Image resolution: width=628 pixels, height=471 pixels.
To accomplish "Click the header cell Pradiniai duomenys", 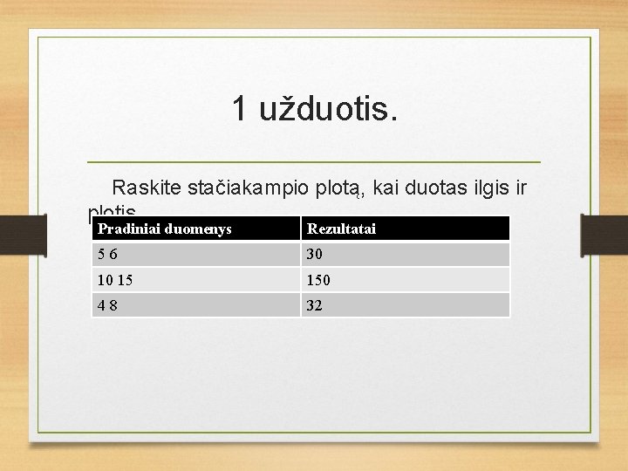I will pyautogui.click(x=196, y=229).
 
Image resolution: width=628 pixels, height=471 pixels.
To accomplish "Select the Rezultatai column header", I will pyautogui.click(x=405, y=229).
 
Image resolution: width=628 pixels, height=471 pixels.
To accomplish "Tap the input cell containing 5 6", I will pyautogui.click(x=196, y=255).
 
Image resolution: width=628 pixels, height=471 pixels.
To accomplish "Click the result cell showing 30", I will pyautogui.click(x=405, y=255).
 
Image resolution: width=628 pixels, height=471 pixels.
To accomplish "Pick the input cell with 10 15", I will pyautogui.click(x=196, y=280).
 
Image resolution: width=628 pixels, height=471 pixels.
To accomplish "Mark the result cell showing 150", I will pyautogui.click(x=405, y=280).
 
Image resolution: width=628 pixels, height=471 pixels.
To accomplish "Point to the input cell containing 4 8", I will pyautogui.click(x=196, y=305).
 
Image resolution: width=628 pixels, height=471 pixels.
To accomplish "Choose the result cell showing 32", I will pyautogui.click(x=405, y=305).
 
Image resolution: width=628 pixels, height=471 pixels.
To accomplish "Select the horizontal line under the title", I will pyautogui.click(x=314, y=162).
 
